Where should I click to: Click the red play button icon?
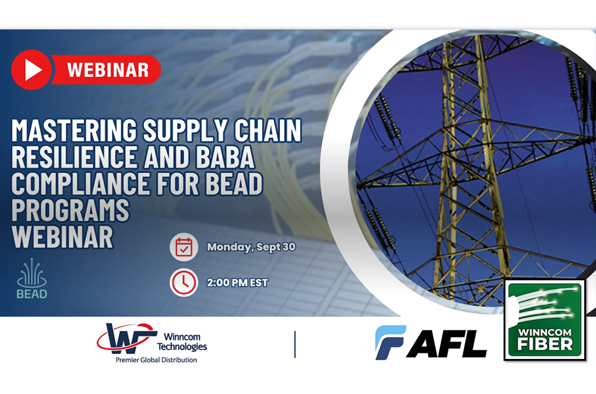[31, 70]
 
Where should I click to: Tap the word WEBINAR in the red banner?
[108, 70]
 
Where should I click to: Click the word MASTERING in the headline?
[74, 130]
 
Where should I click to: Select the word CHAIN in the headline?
[267, 130]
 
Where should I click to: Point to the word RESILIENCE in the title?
[74, 157]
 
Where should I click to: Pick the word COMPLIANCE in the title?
[81, 184]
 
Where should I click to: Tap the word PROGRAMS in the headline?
[70, 210]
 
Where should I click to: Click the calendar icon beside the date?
[183, 247]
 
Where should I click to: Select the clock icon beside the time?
[183, 283]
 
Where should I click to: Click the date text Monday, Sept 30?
[251, 247]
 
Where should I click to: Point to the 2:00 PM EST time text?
[237, 283]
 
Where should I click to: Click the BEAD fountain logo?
[32, 278]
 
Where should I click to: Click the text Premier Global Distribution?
[157, 360]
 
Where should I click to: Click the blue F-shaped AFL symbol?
[391, 342]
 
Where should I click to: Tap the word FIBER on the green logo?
[545, 344]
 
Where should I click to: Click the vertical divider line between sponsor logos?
[295, 344]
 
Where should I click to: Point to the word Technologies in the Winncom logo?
[182, 346]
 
